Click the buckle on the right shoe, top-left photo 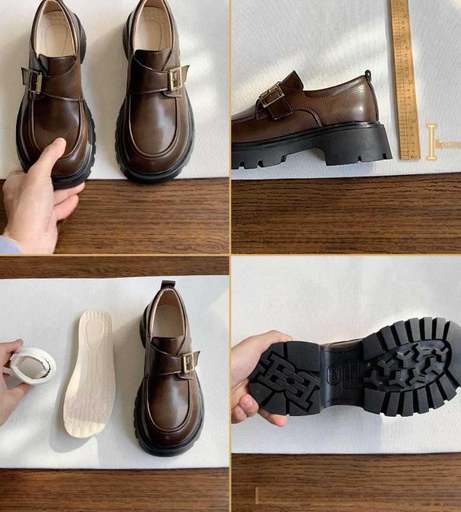pos(175,79)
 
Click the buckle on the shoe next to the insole pos(188,362)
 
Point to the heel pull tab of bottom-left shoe pos(168,285)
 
